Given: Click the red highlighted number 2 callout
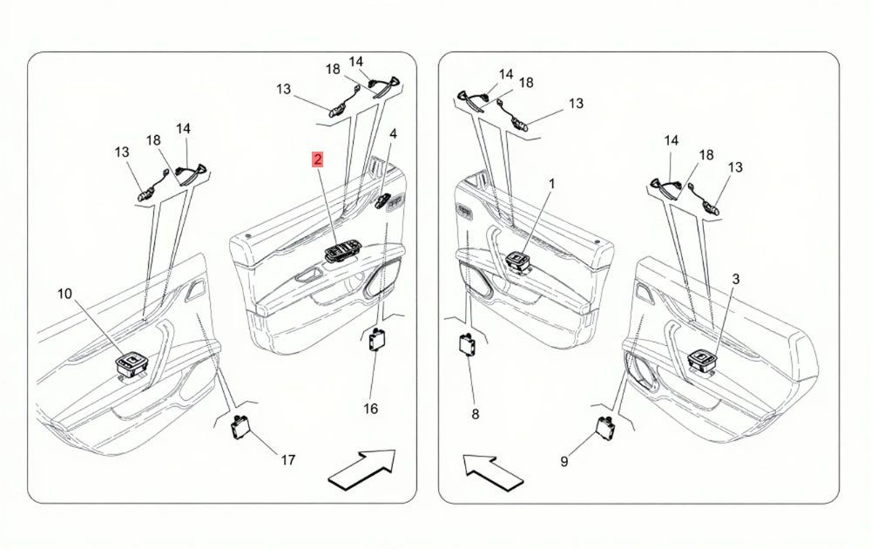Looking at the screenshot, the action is tap(318, 160).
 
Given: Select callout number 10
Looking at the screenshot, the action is tap(65, 294).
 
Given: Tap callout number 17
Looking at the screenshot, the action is tap(287, 460).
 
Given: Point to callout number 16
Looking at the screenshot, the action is tap(370, 409).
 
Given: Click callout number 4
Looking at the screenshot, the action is tap(394, 134).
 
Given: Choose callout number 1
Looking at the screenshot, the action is tap(552, 183).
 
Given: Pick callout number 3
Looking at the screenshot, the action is tap(736, 280).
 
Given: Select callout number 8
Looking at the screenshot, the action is tap(475, 415).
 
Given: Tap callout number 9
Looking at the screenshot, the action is tap(564, 462).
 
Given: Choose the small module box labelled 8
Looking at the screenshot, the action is tap(467, 344).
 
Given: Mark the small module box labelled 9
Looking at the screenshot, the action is tap(604, 427).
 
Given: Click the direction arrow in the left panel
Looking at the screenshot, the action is tap(362, 470).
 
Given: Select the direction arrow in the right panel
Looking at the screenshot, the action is tap(493, 473).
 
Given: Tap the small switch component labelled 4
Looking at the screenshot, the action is tap(383, 201).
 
